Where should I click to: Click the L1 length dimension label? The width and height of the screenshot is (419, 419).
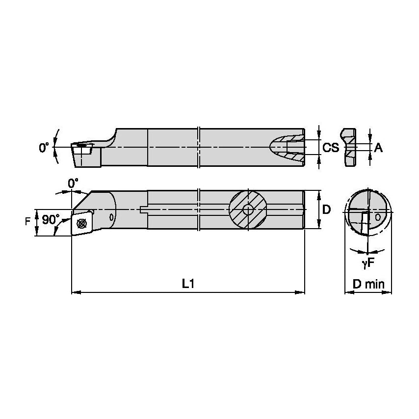pos(188,283)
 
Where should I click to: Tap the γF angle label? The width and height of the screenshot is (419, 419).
pos(368,263)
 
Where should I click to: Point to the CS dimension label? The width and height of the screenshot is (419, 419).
pos(331,147)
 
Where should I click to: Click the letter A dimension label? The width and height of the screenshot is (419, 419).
pos(378,147)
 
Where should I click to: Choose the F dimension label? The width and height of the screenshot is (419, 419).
pos(27,222)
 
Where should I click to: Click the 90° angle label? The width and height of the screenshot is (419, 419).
pos(51,219)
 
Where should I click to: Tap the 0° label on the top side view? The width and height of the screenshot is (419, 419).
pos(45,147)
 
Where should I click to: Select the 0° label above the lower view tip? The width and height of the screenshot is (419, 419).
pos(73,183)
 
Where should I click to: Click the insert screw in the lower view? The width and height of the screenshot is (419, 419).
pos(82,223)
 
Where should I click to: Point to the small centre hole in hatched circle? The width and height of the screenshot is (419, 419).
pos(248,209)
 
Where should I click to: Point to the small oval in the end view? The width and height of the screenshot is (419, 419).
pos(377,216)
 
